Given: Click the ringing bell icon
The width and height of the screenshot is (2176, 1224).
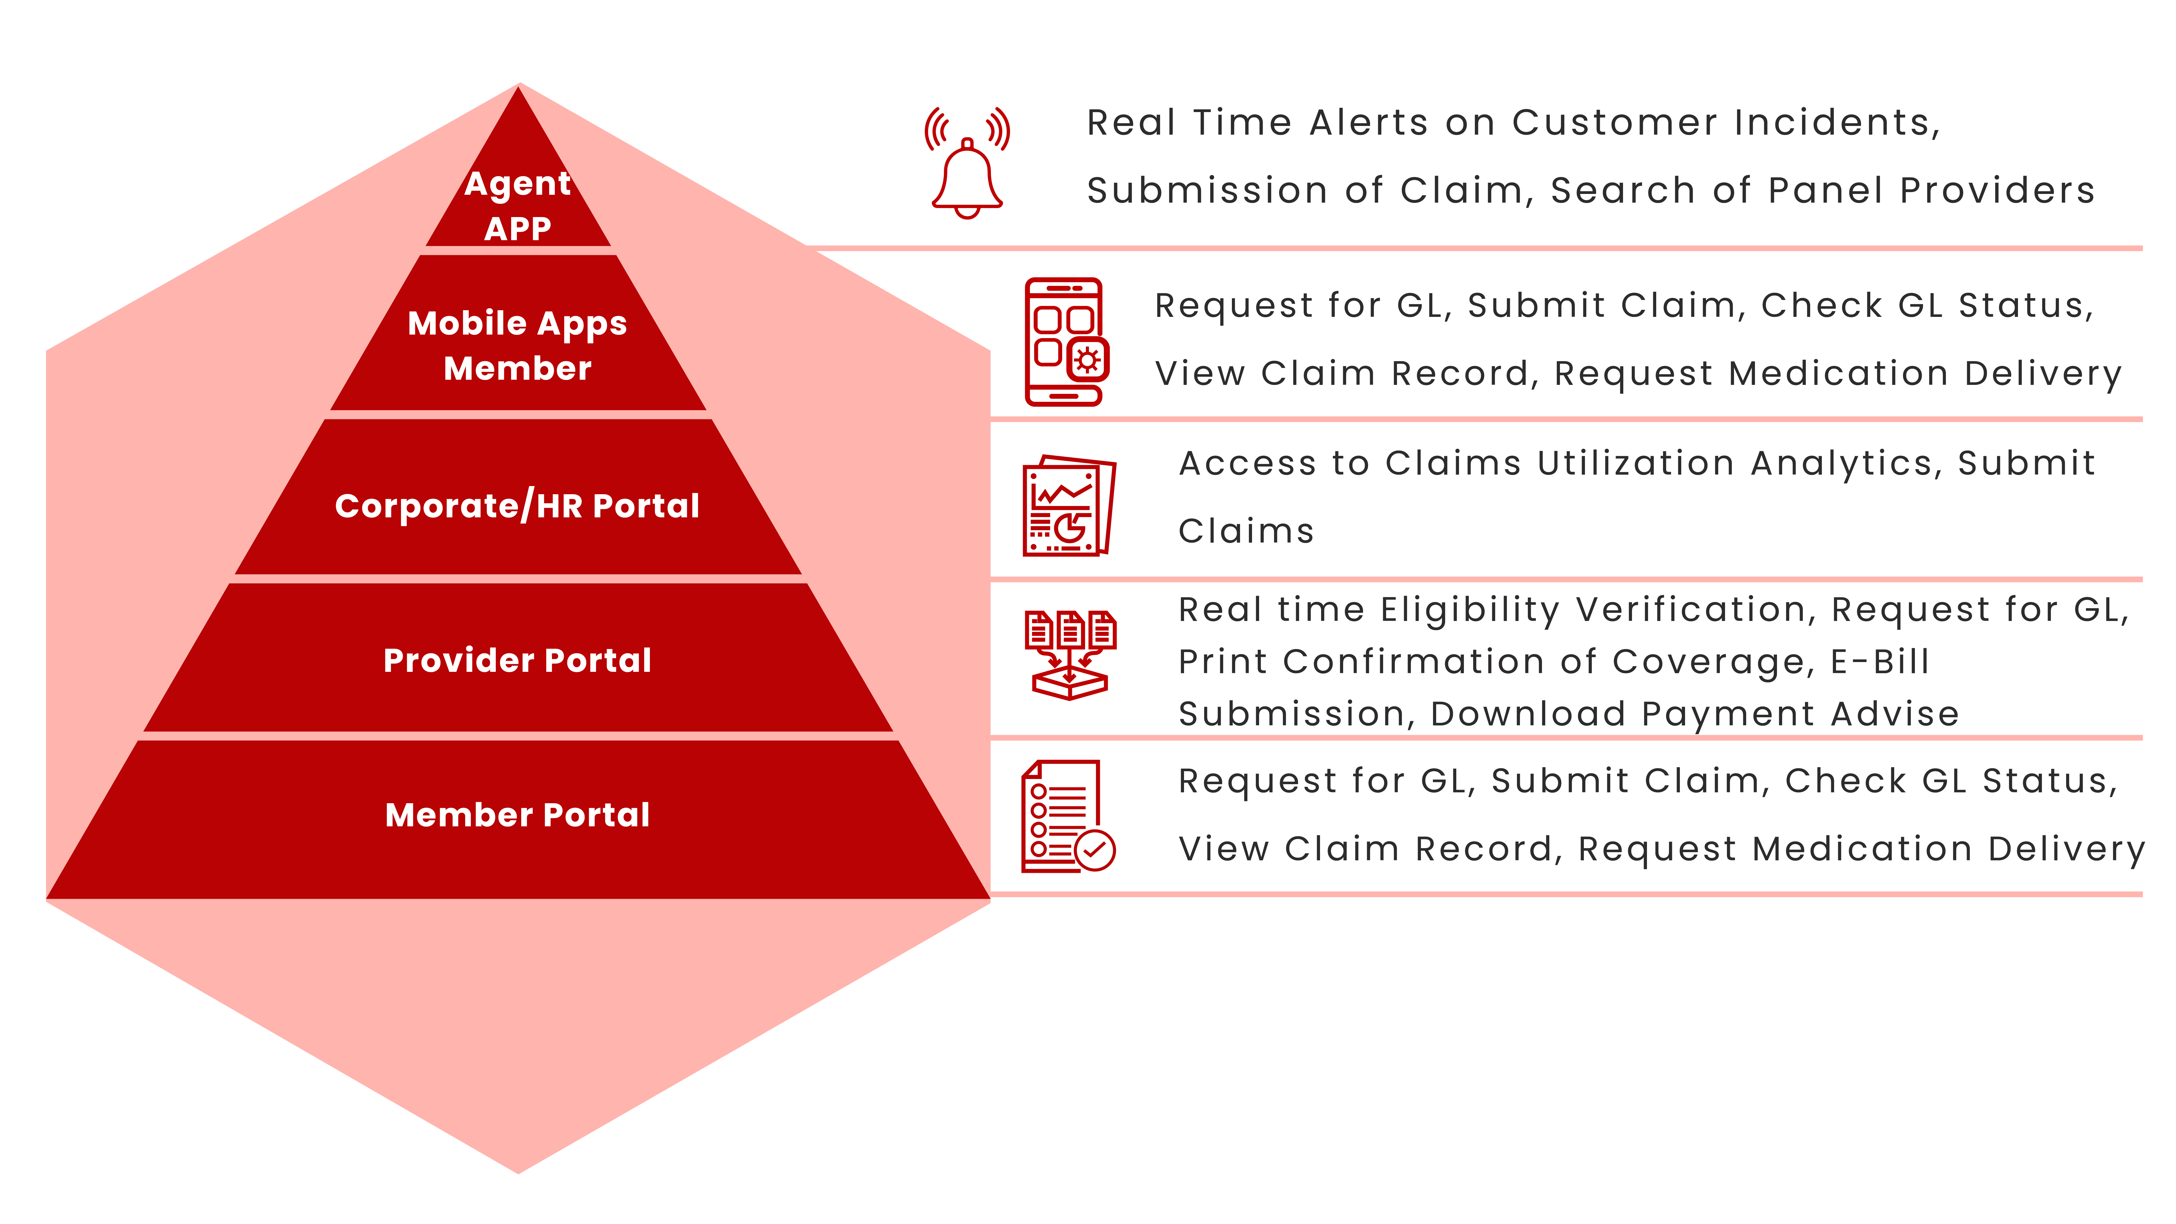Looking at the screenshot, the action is coord(967,163).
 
